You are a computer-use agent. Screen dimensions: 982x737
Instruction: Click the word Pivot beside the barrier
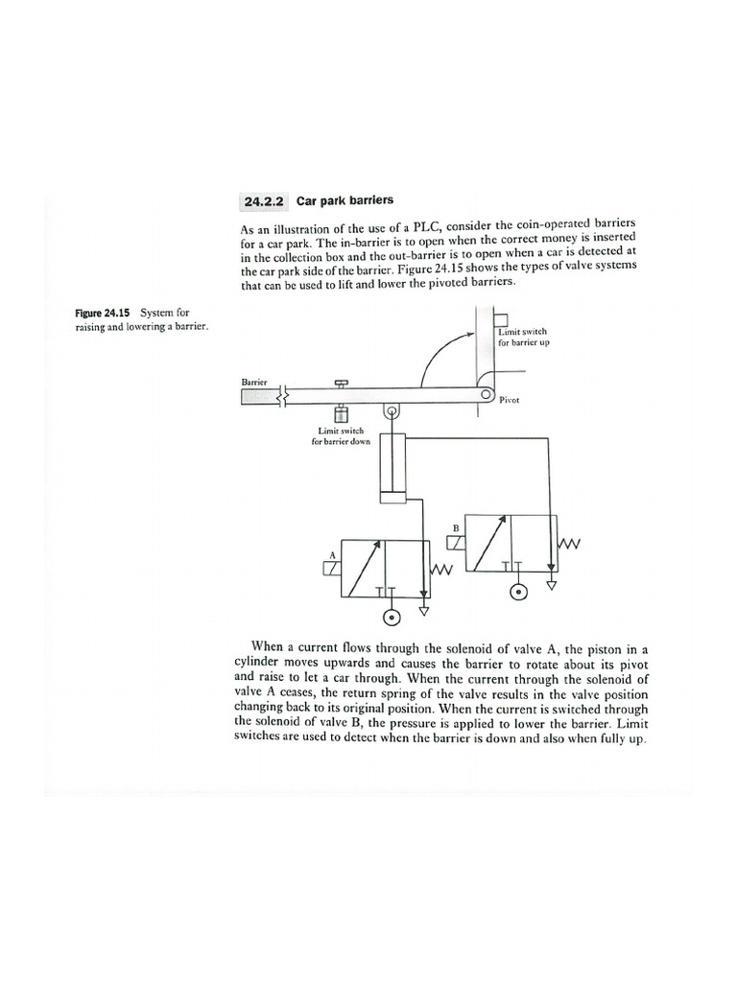click(510, 400)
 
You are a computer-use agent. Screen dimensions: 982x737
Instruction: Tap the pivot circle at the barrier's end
click(487, 395)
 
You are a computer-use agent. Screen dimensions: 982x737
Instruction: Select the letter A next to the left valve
click(333, 554)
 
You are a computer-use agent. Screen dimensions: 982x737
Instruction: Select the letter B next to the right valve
click(457, 527)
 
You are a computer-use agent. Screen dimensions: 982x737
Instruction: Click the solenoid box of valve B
click(456, 543)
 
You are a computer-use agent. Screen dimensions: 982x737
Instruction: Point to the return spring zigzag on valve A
click(441, 570)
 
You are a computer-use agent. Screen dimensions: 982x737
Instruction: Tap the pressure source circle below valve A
click(392, 616)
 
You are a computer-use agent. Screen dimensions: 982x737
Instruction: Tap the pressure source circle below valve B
click(519, 591)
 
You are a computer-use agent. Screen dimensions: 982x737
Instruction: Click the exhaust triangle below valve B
click(551, 582)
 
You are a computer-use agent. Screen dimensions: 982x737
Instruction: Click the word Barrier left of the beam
click(253, 382)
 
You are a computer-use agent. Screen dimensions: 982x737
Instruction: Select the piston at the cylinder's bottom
click(392, 495)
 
